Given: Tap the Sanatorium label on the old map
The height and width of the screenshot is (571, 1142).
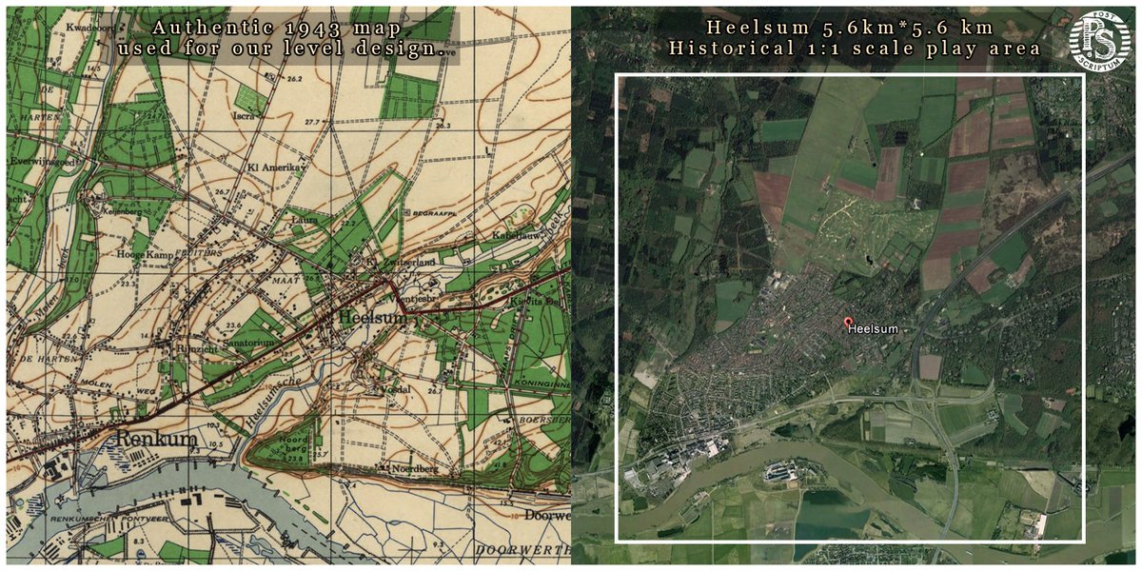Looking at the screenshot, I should (250, 341).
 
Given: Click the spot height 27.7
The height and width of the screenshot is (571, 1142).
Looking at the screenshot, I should (310, 123).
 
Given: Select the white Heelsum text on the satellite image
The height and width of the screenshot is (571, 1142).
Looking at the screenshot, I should (873, 329).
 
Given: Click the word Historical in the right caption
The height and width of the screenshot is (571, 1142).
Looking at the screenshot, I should (732, 48).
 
